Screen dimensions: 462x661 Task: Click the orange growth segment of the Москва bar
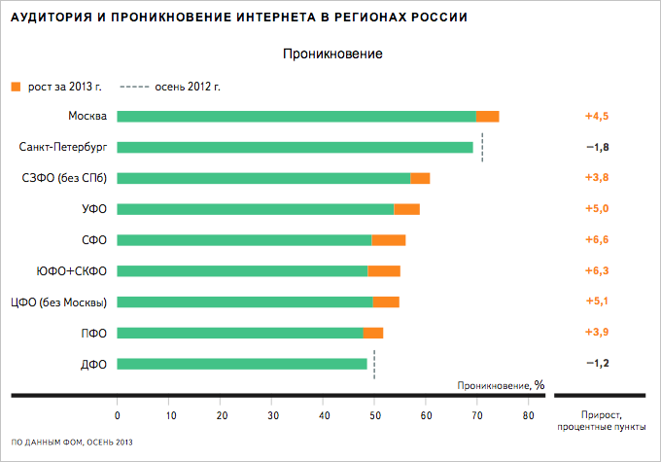point(487,117)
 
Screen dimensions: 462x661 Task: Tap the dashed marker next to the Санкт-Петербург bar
point(482,148)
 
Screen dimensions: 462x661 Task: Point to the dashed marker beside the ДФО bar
point(374,364)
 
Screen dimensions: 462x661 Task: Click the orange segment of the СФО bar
point(389,240)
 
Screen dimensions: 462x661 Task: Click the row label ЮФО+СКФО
point(71,270)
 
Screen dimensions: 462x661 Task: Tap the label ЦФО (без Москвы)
point(57,302)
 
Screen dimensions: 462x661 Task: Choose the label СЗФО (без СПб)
point(64,178)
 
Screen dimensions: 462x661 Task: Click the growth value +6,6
point(596,240)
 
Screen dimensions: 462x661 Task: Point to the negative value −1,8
point(596,148)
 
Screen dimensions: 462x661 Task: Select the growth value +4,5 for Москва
point(596,117)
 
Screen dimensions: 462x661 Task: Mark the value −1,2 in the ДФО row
point(596,364)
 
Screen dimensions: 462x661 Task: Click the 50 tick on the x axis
point(374,415)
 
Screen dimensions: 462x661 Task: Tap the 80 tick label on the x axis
point(528,415)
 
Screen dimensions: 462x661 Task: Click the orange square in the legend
point(15,87)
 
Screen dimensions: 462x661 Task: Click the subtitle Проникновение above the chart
point(332,53)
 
